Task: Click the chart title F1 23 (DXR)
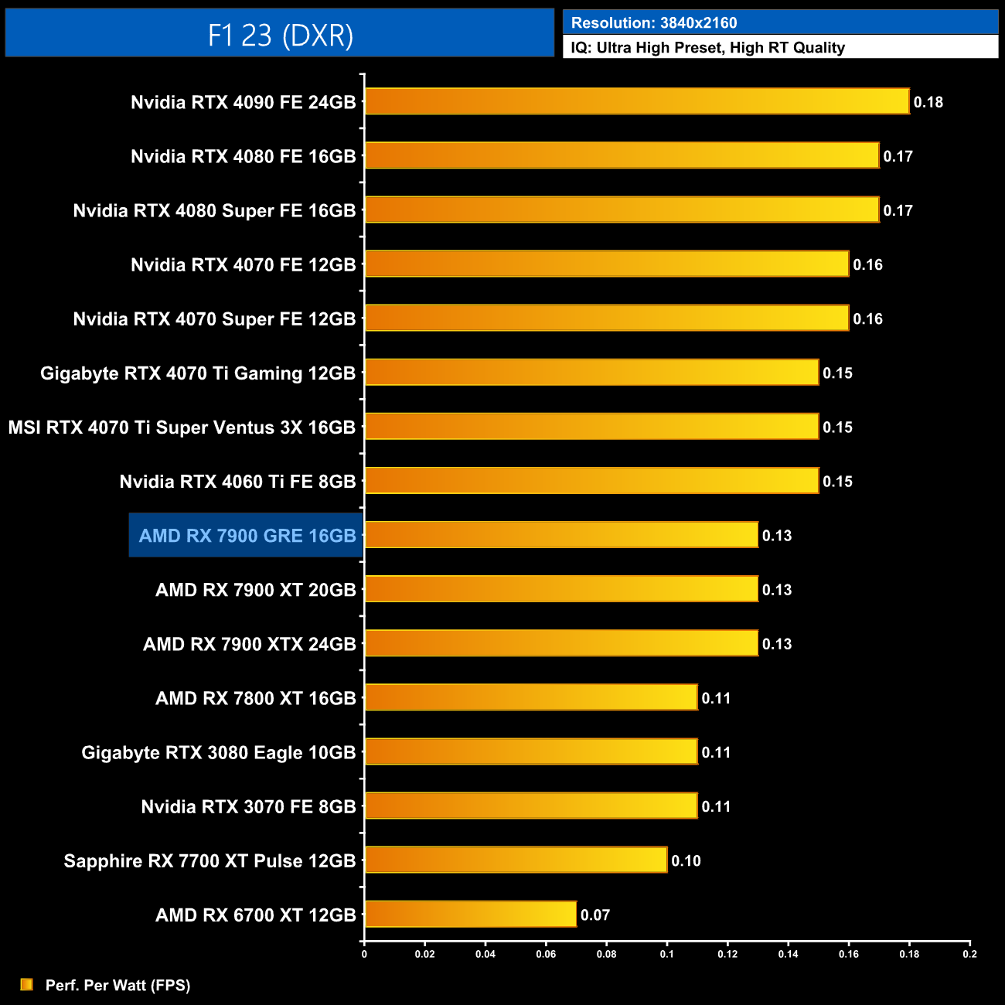click(x=280, y=35)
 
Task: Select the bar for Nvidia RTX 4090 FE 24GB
click(x=636, y=101)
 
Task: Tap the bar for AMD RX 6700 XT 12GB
click(x=470, y=914)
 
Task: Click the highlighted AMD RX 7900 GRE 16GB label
click(x=247, y=536)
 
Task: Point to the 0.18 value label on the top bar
click(x=928, y=102)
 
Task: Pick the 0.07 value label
click(x=595, y=915)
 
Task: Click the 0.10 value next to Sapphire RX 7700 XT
click(x=686, y=860)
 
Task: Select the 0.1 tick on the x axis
click(x=666, y=954)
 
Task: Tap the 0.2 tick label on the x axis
click(x=969, y=954)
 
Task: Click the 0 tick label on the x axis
click(x=364, y=954)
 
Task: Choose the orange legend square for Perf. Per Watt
click(x=27, y=984)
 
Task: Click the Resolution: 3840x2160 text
click(x=654, y=23)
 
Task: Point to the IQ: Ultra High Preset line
click(x=707, y=48)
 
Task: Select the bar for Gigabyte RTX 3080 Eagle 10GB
click(x=531, y=751)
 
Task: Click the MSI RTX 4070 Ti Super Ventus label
click(x=182, y=428)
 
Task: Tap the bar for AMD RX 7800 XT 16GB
click(x=531, y=697)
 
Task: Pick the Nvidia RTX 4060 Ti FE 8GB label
click(x=237, y=482)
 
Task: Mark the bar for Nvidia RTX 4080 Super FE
click(x=622, y=210)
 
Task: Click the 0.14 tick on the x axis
click(x=788, y=954)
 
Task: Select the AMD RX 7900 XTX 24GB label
click(x=249, y=644)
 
